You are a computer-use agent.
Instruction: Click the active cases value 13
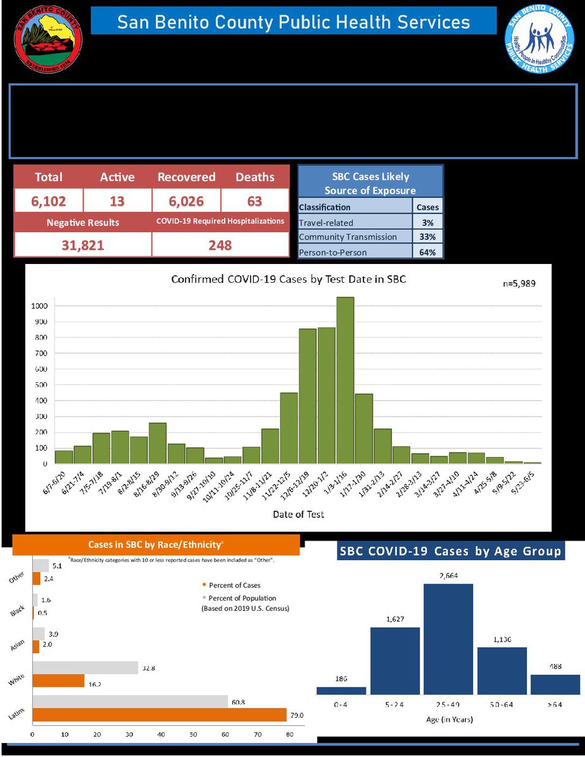(117, 202)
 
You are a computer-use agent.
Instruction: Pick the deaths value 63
(255, 202)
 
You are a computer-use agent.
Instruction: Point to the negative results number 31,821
(82, 245)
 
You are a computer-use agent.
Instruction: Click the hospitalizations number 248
(220, 245)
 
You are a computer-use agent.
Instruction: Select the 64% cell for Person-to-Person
(428, 251)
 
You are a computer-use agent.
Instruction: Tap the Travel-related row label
(326, 222)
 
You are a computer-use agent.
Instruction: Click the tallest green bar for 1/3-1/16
(345, 380)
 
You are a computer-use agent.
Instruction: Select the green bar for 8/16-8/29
(158, 443)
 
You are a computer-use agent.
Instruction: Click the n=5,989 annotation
(519, 284)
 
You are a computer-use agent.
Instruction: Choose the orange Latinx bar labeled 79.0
(158, 715)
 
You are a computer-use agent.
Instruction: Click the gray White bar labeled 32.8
(85, 668)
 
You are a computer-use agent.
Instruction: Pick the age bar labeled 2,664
(448, 639)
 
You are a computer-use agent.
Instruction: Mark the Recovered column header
(186, 177)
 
